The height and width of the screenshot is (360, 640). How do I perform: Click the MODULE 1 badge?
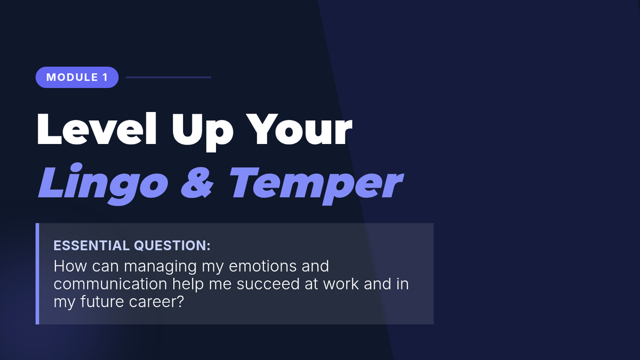click(77, 77)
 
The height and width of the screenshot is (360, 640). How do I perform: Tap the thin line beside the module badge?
click(169, 77)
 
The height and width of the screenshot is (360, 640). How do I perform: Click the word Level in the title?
click(97, 129)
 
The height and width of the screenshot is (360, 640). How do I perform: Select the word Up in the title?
click(202, 132)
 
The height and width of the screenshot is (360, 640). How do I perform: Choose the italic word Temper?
click(316, 186)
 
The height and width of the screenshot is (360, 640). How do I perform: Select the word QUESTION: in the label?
click(172, 245)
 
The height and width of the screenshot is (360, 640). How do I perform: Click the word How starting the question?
click(70, 266)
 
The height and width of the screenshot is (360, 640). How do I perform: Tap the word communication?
click(110, 284)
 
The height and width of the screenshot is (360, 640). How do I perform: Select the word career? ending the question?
click(156, 302)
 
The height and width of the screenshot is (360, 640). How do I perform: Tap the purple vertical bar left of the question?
click(37, 274)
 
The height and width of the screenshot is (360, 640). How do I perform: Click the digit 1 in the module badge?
click(105, 77)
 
